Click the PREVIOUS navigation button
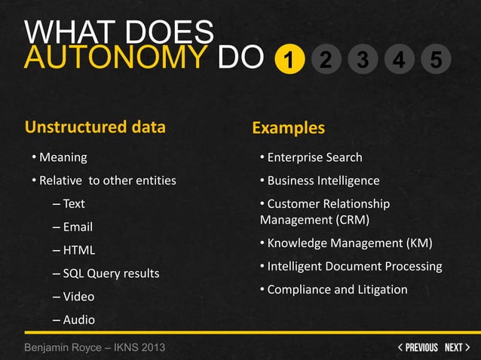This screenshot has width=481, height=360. click(x=418, y=347)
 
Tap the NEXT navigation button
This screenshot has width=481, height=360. click(x=457, y=347)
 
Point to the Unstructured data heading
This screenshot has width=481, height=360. click(x=95, y=127)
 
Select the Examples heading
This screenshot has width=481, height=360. click(x=288, y=127)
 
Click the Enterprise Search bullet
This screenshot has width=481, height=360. click(x=314, y=157)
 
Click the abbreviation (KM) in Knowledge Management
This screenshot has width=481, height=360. click(x=419, y=243)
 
